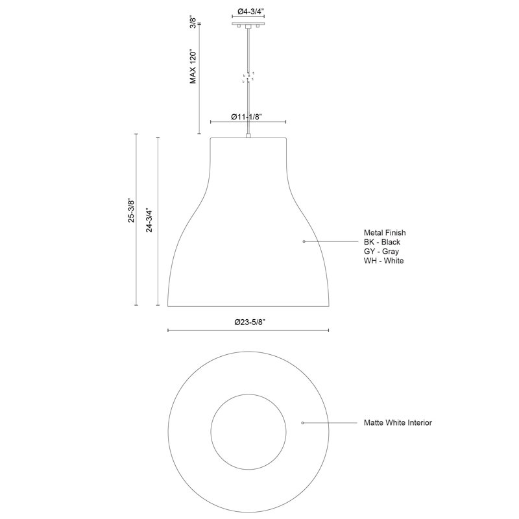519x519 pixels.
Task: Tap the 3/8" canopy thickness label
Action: pos(193,22)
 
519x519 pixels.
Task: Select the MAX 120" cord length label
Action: pos(193,67)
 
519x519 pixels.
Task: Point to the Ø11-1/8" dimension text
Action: pos(247,117)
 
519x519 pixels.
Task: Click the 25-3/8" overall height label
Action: pos(132,211)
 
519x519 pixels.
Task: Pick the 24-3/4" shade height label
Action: pos(149,221)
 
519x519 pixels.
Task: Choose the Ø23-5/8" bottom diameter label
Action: pos(250,322)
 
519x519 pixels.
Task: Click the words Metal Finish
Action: pos(385,233)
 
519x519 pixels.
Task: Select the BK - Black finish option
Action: pos(382,242)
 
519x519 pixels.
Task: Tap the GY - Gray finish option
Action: pos(381,251)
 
